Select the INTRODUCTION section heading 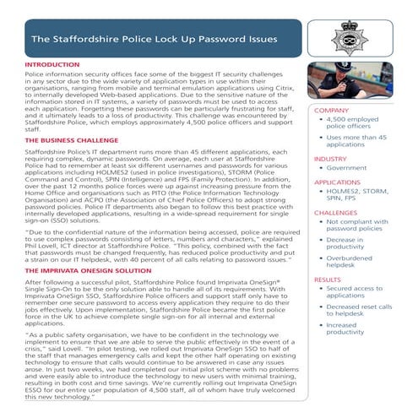click(52, 64)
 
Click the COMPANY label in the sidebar click(332, 111)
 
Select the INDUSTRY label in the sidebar click(331, 158)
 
